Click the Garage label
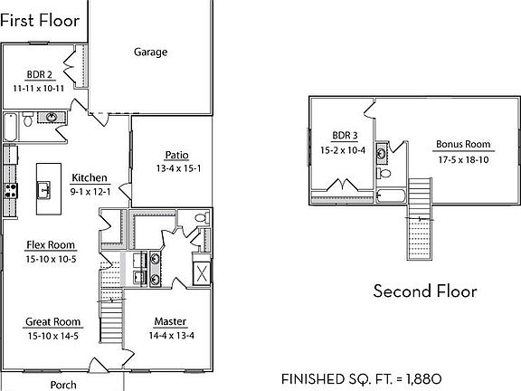151,52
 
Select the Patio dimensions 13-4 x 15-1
176,167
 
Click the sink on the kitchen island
43,190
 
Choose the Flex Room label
51,245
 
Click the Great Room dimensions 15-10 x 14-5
52,336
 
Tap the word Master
170,321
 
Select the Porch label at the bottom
63,384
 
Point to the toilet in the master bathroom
200,217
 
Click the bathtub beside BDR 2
10,128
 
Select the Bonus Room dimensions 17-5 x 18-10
462,158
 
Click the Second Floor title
425,291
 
